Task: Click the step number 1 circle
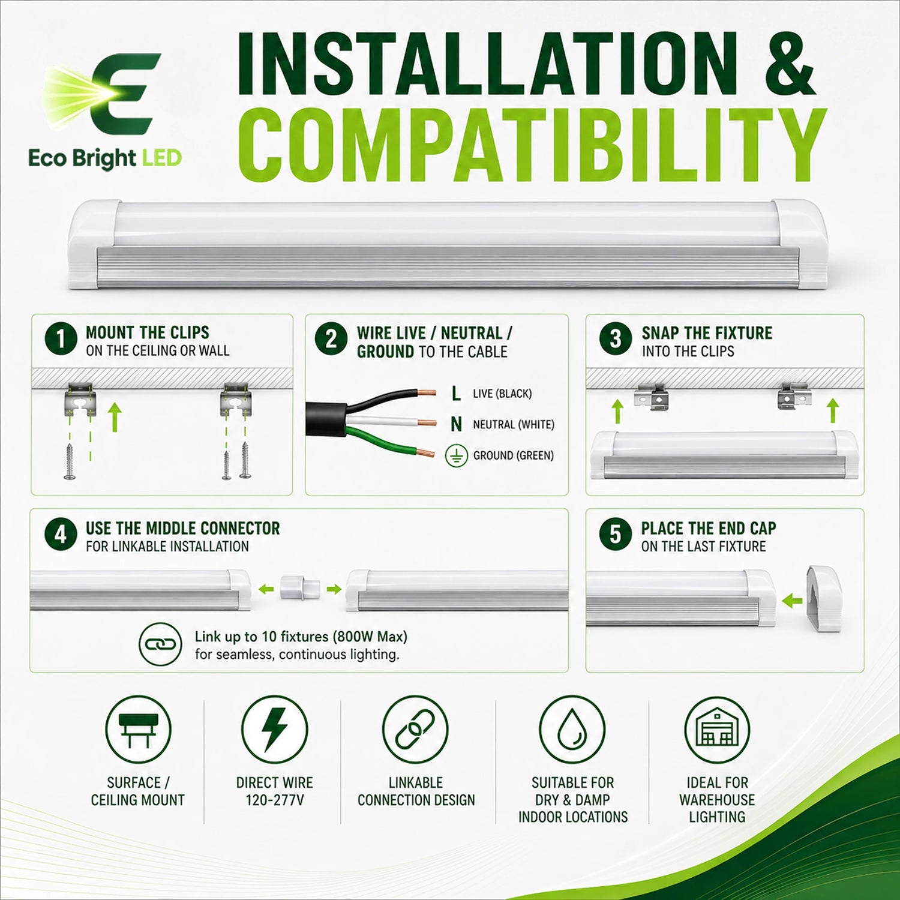coord(61,339)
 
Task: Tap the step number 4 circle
coord(61,535)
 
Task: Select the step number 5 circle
coord(616,535)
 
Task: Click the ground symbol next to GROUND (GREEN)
coord(457,455)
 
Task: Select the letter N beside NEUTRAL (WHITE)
coord(457,424)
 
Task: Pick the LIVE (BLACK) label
coord(502,394)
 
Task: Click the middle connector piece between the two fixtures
coord(300,589)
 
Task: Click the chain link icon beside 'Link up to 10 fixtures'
coord(160,644)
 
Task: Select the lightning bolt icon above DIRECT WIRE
coord(275,730)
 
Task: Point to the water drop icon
coord(572,730)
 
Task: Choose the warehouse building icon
coord(717,730)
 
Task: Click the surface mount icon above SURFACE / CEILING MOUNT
coord(138,730)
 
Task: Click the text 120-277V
coord(275,800)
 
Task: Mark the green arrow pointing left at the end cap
coord(793,599)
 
